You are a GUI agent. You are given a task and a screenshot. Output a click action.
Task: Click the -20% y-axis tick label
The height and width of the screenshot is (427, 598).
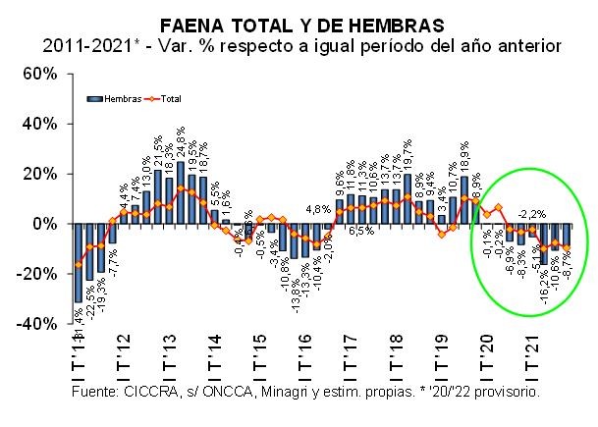click(x=44, y=273)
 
